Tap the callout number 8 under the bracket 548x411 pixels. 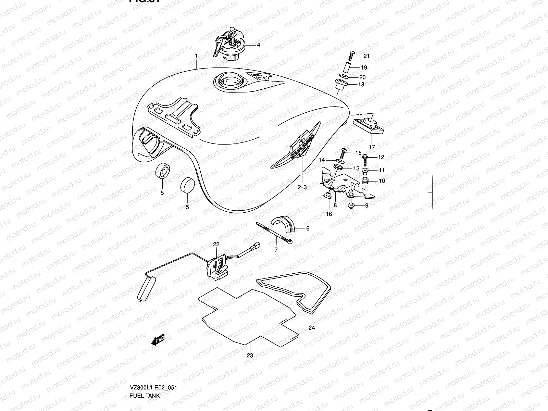pyautogui.click(x=335, y=206)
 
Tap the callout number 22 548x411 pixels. pyautogui.click(x=216, y=244)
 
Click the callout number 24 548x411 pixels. pyautogui.click(x=311, y=327)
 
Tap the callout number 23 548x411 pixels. pyautogui.click(x=250, y=355)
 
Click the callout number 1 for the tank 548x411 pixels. pyautogui.click(x=197, y=55)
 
